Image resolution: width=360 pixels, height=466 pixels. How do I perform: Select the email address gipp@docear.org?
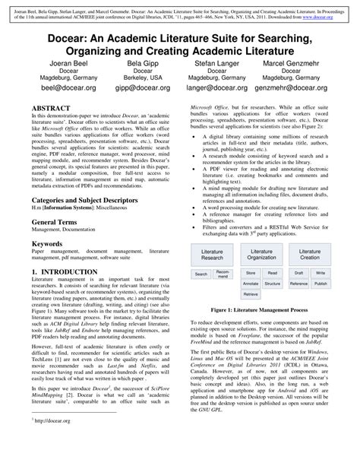[x=143, y=88]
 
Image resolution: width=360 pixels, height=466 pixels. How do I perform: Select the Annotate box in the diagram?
[x=251, y=284]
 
